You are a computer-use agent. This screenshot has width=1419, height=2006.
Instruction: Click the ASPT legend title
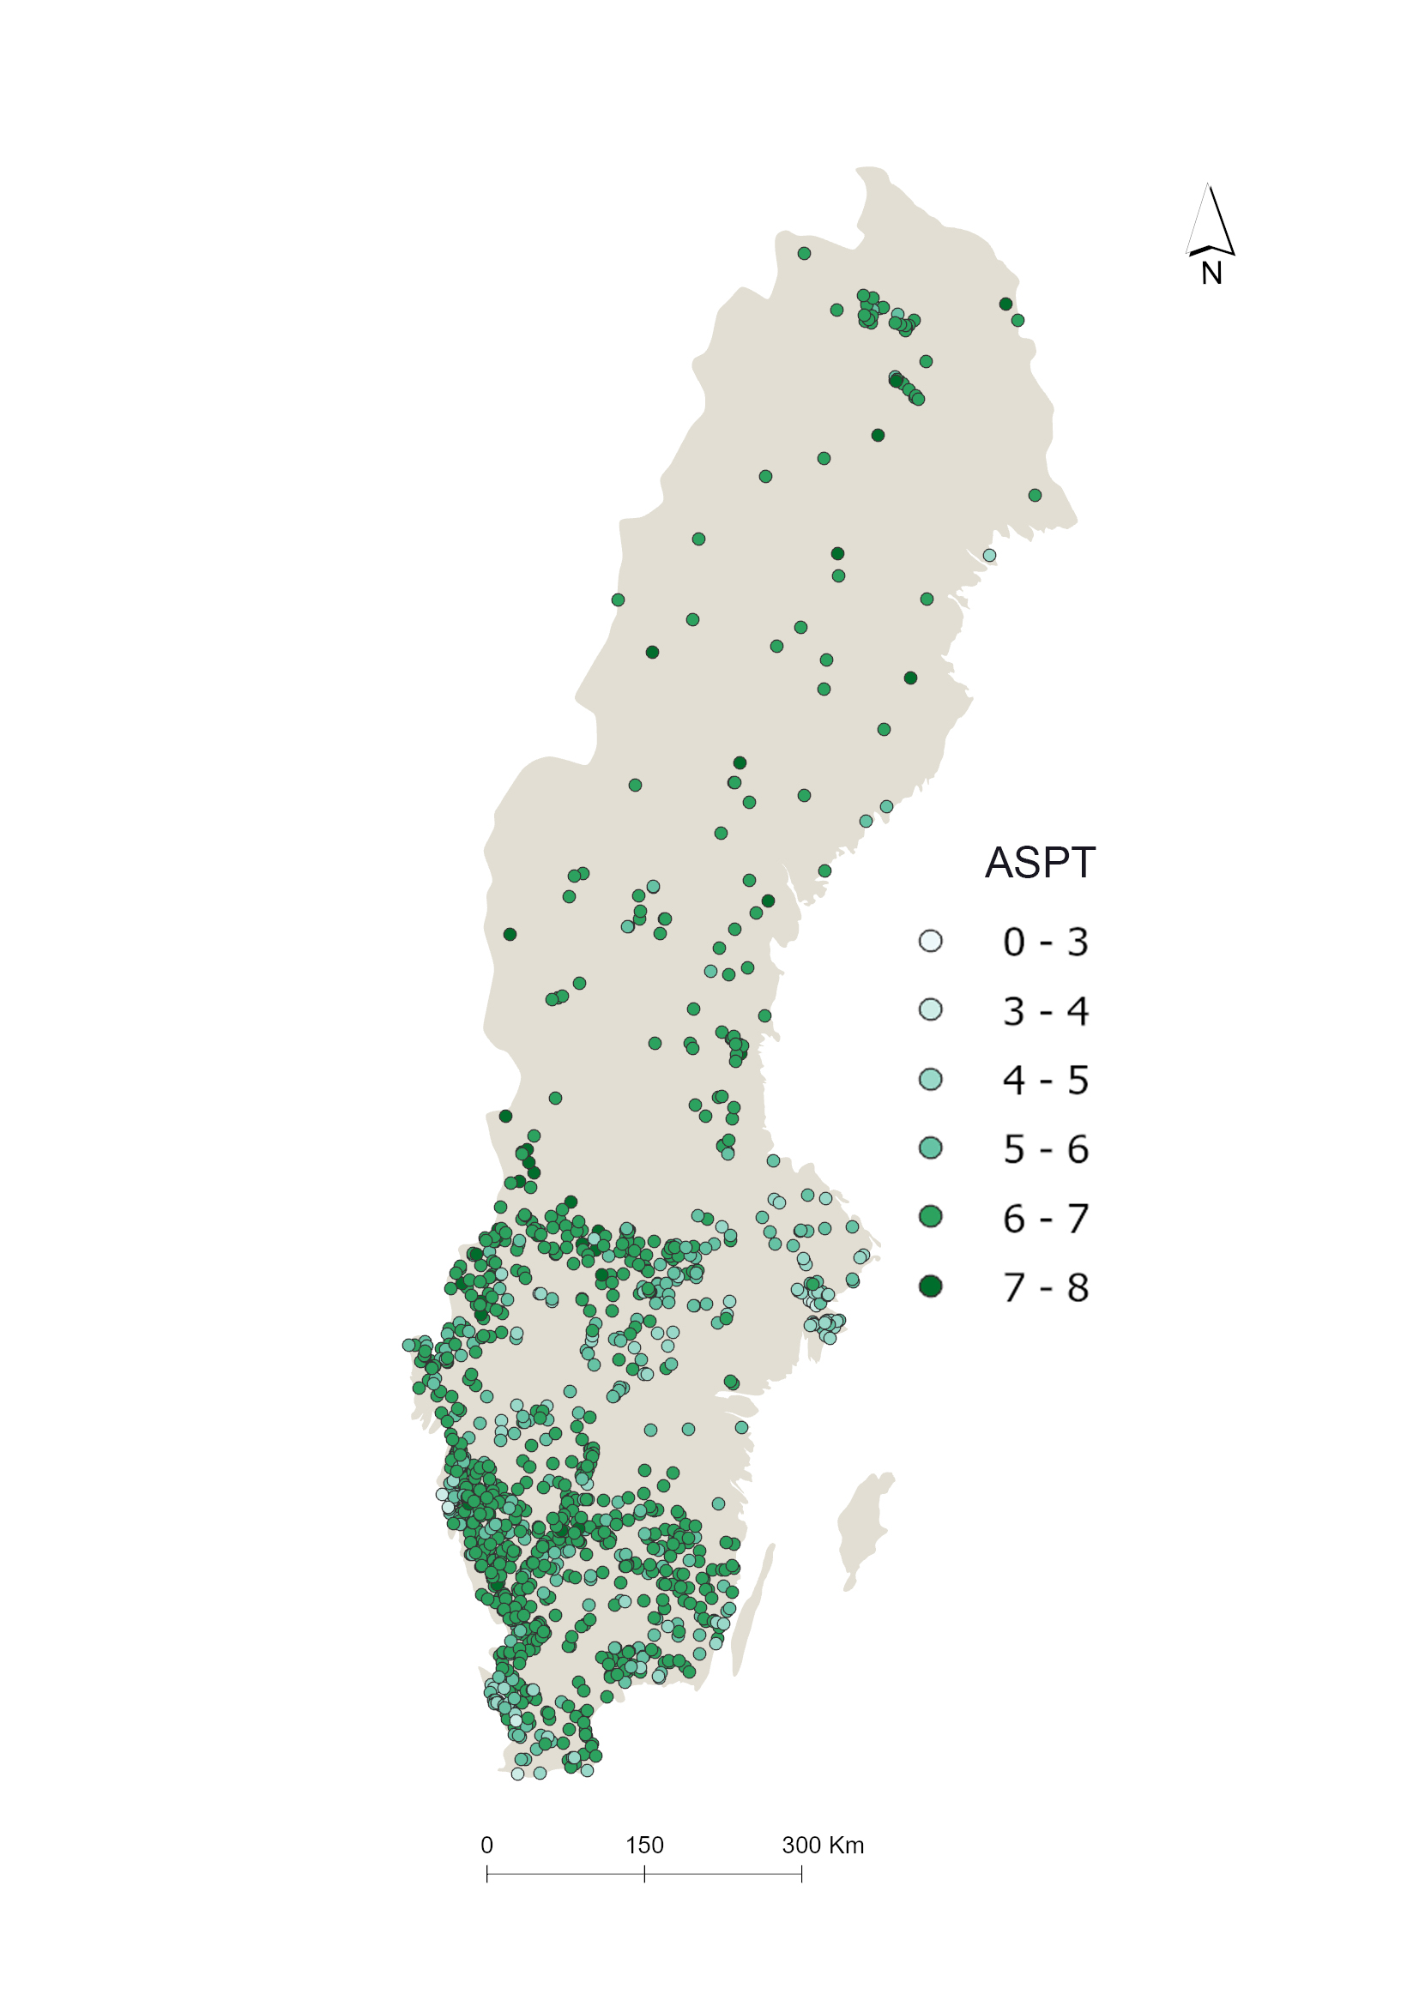coord(1039,864)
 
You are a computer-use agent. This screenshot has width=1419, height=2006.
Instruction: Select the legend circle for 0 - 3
coord(931,941)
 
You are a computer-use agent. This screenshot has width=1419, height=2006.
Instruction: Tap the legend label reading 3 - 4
coord(1045,1011)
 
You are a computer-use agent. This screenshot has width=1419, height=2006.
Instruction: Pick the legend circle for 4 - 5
coord(931,1079)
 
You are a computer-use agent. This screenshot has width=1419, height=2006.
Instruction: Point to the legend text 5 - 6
coord(1045,1149)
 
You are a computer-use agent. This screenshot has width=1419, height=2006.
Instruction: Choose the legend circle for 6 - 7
coord(931,1217)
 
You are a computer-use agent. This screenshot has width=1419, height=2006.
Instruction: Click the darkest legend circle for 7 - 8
coord(931,1286)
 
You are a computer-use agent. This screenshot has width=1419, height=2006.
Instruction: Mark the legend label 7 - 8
coord(1045,1288)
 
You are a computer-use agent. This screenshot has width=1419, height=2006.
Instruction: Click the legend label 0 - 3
coord(1045,942)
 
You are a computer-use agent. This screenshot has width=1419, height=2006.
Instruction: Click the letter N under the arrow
coord(1211,274)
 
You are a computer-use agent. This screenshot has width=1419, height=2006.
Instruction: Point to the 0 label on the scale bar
coord(486,1846)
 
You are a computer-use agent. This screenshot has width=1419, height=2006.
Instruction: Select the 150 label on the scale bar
coord(644,1846)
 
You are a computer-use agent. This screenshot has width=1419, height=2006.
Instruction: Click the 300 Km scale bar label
coord(822,1846)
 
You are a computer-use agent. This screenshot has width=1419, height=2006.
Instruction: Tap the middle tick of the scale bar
coord(644,1873)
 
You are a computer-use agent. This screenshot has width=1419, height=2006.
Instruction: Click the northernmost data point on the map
coord(804,253)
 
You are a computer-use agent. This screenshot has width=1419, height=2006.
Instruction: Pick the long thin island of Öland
coord(753,1607)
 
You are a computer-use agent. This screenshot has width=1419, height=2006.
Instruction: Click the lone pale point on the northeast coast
coord(989,555)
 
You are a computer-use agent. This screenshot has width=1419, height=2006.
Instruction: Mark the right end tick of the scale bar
coord(801,1873)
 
